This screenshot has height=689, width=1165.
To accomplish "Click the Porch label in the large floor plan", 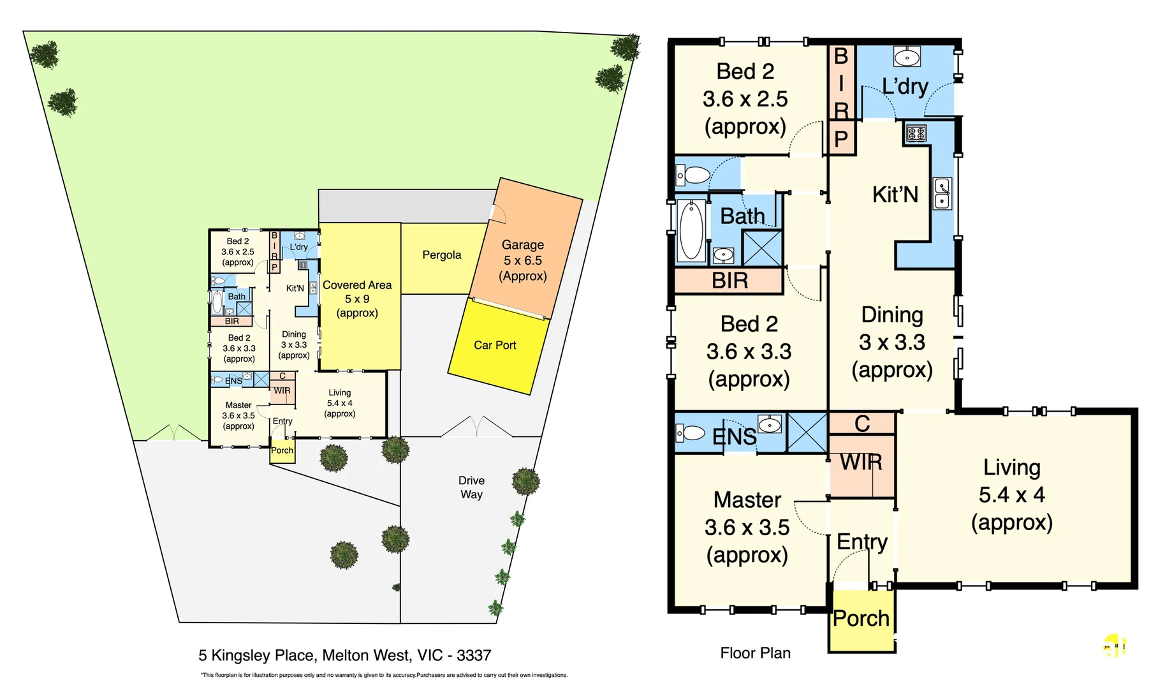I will (861, 618).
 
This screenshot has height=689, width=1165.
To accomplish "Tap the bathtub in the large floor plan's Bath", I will (691, 230).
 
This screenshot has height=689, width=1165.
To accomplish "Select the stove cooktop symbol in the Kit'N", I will (916, 133).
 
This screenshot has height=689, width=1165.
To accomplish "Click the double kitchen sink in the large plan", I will (942, 193).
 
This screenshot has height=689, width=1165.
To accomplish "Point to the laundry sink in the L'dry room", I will (907, 57).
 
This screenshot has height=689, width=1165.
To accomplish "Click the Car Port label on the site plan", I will (495, 345).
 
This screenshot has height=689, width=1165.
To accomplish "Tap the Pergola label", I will (441, 255).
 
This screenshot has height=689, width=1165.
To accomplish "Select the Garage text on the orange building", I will (523, 245).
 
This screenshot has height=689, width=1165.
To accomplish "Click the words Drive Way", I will (471, 487).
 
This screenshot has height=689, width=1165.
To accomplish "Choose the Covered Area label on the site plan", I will (357, 285).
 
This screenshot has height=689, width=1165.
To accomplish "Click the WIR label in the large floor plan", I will (861, 462).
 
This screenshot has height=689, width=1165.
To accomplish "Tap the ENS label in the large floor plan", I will (734, 437).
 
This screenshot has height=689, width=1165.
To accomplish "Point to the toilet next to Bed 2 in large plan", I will (693, 175).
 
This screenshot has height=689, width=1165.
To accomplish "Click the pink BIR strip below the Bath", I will (729, 281).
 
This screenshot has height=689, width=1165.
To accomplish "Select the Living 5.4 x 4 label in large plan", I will (1011, 494).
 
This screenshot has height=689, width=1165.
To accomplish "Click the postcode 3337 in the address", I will (474, 655).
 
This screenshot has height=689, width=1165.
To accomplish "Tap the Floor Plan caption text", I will (755, 653).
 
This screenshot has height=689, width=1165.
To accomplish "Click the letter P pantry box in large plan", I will (841, 138).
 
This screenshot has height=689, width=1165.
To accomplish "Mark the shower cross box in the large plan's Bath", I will (762, 248).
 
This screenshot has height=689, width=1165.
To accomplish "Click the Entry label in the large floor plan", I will (861, 542).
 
